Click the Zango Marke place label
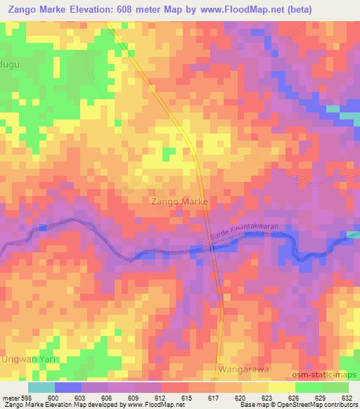coord(179,201)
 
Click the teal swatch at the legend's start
coord(41,387)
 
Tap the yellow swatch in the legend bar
coord(282,387)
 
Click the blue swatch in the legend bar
coord(67,387)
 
